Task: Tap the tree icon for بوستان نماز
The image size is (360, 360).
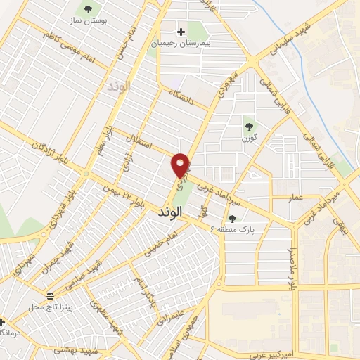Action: [x=89, y=9]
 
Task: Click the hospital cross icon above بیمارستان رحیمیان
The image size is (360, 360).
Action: [x=181, y=32]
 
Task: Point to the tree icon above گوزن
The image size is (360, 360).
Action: [x=249, y=127]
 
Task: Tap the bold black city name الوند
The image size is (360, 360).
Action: [x=170, y=211]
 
